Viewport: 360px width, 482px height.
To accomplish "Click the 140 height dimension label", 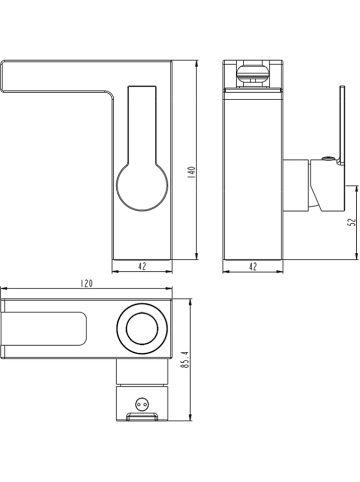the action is click(191, 173).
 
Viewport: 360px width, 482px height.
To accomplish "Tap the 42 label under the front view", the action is click(142, 266).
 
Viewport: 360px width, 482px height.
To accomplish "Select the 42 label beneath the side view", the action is click(253, 266).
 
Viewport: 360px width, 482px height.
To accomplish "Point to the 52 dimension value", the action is click(352, 222).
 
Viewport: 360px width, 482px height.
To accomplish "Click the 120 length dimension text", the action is click(86, 283).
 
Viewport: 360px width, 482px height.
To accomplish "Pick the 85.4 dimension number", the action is click(185, 360).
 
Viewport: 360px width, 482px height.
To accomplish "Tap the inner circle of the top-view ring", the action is click(142, 330).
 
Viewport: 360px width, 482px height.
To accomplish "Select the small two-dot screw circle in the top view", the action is click(141, 405).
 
